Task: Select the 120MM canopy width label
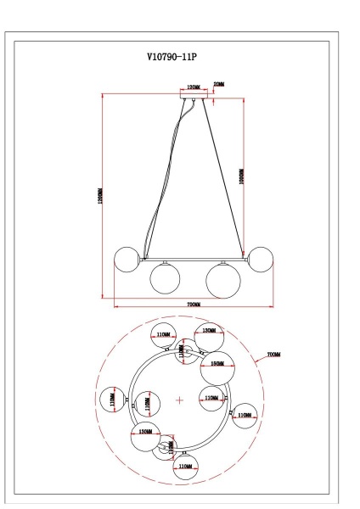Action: click(193, 87)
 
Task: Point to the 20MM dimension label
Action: click(219, 86)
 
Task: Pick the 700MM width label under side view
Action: click(193, 305)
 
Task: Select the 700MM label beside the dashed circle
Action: click(273, 354)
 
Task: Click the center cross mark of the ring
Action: click(179, 399)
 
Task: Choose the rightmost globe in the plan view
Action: click(245, 415)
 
